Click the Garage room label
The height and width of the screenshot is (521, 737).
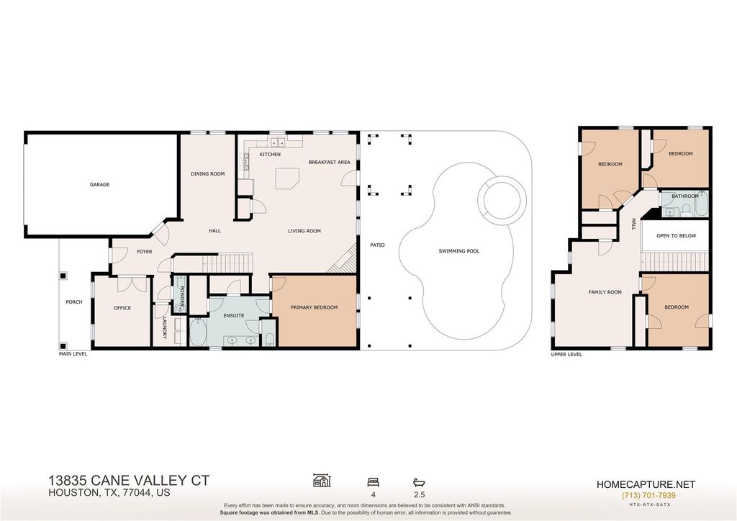[99, 185]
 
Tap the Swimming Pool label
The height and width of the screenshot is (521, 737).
[459, 251]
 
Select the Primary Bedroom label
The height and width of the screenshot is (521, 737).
[314, 308]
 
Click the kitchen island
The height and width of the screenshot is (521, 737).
[287, 178]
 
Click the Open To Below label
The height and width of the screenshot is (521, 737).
[677, 236]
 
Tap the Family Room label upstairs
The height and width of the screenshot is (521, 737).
[605, 292]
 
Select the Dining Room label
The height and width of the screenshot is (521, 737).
[208, 174]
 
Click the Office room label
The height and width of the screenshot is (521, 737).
[122, 308]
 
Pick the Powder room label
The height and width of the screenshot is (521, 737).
[181, 296]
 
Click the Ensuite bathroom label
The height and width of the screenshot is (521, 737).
[234, 316]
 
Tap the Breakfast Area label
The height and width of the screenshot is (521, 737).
[330, 163]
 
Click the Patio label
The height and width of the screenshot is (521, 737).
[377, 245]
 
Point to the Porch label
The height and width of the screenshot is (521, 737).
[74, 302]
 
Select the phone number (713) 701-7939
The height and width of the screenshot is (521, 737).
[648, 496]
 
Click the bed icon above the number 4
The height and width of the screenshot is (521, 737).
[374, 481]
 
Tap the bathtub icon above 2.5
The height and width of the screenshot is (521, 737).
[419, 482]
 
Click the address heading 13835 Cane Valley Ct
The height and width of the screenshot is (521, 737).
[129, 481]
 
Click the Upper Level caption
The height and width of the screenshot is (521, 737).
[566, 355]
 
